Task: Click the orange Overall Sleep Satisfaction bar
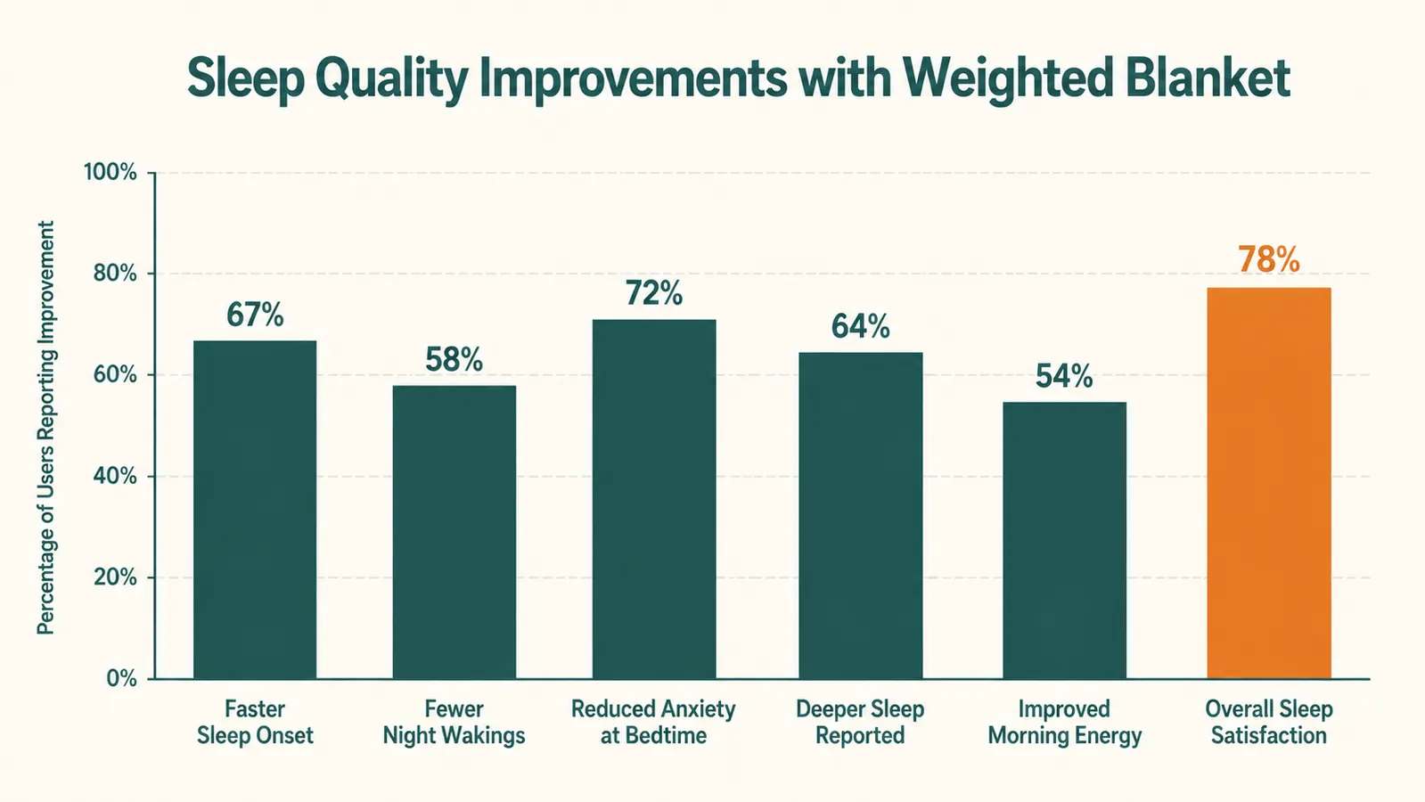pos(1268,483)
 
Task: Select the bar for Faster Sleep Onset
pos(255,510)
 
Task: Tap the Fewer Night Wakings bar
pos(455,532)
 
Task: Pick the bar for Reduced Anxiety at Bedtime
pos(654,499)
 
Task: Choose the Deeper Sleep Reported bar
pos(861,516)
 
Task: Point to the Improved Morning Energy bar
pos(1064,541)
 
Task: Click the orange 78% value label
pos(1268,260)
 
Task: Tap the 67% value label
pos(255,315)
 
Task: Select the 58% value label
pos(455,359)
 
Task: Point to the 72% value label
pos(654,293)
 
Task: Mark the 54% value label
pos(1064,376)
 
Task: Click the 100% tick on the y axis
pos(111,172)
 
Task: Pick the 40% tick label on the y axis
pos(115,477)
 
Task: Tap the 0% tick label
pos(121,679)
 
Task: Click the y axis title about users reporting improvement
pos(45,428)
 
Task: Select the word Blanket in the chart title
pos(1208,78)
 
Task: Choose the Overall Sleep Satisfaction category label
pos(1268,722)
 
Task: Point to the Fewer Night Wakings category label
pos(455,723)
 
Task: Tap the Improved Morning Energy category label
pos(1064,723)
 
